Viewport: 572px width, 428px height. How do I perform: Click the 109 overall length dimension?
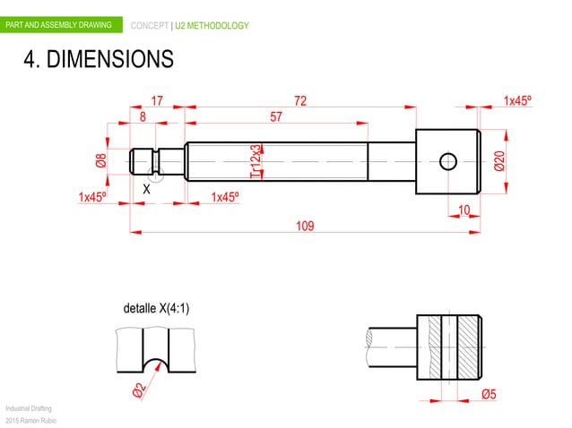tap(305, 226)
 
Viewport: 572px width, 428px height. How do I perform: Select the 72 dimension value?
tap(300, 100)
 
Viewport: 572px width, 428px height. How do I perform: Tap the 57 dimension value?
tap(276, 116)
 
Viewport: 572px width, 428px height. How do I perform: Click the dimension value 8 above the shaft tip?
tap(143, 116)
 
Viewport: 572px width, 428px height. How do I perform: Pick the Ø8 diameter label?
tap(101, 162)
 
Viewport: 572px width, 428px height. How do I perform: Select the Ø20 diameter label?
tap(498, 161)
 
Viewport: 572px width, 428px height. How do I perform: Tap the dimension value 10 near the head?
tap(464, 210)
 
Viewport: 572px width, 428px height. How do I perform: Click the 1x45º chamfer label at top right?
tap(517, 100)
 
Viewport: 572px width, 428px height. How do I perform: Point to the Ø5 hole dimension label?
tap(490, 393)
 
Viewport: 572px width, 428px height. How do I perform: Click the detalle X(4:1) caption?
tap(156, 309)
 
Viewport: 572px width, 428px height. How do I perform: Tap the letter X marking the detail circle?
tap(147, 189)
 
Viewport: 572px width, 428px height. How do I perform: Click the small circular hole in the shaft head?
tap(448, 161)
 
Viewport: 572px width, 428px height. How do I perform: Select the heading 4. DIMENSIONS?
tap(98, 60)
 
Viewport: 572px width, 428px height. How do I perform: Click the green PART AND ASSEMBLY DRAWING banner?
tap(59, 25)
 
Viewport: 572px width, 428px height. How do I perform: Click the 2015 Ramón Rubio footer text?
tap(30, 420)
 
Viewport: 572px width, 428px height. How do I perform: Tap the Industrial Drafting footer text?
tap(29, 407)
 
